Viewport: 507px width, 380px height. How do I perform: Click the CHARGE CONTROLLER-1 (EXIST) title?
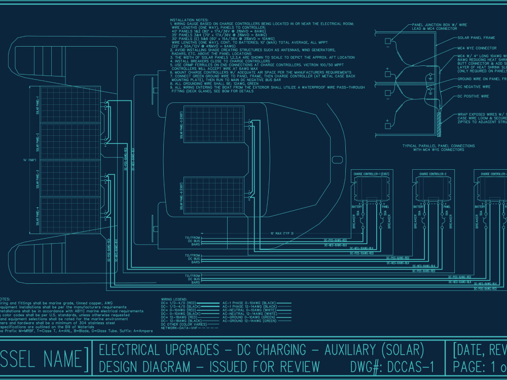click(x=376, y=174)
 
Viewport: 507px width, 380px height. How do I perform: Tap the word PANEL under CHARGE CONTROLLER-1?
click(x=385, y=207)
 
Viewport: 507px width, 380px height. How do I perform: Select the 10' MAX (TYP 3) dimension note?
click(x=282, y=234)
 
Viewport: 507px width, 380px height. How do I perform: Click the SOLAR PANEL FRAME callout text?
click(x=476, y=37)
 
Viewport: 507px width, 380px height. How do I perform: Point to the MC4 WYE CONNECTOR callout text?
click(x=477, y=48)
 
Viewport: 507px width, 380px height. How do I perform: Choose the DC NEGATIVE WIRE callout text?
click(x=474, y=87)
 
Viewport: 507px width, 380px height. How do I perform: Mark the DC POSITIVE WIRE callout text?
click(x=474, y=96)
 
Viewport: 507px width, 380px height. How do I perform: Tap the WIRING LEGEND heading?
click(x=174, y=299)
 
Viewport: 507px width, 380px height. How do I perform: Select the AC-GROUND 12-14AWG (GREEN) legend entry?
click(x=250, y=321)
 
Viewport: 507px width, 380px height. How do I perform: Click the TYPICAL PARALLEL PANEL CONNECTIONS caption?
click(x=439, y=147)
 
